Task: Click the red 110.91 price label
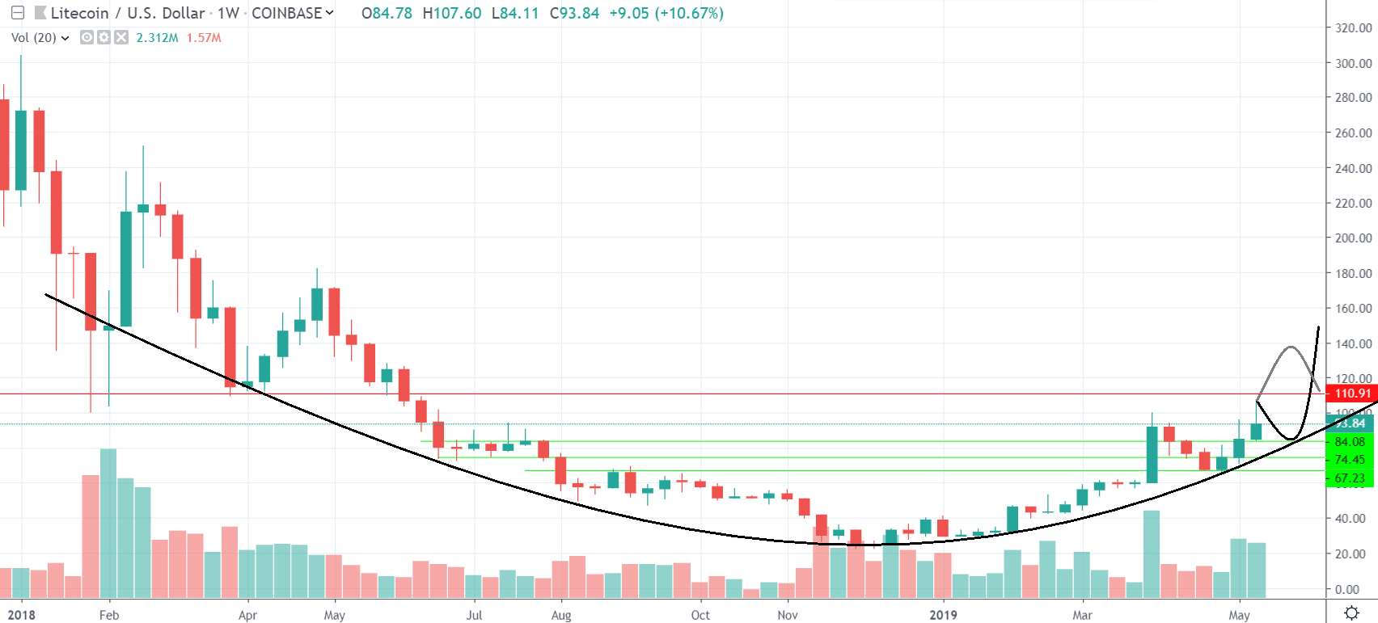(x=1352, y=394)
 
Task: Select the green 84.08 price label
(x=1350, y=441)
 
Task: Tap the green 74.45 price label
(x=1350, y=460)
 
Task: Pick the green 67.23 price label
(x=1350, y=478)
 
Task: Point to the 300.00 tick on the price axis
(x=1353, y=63)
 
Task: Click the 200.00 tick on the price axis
(x=1353, y=238)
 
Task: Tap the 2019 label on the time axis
(x=943, y=615)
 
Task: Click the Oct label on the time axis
(x=700, y=615)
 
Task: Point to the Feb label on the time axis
(x=109, y=615)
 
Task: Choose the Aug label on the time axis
(x=561, y=615)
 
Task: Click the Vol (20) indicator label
(x=34, y=38)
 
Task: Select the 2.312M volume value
(x=157, y=38)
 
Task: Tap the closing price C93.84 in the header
(x=574, y=13)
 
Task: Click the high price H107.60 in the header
(x=452, y=13)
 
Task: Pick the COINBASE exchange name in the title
(x=287, y=13)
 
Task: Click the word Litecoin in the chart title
(x=79, y=13)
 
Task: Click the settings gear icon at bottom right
(x=1351, y=612)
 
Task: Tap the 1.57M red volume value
(x=204, y=38)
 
